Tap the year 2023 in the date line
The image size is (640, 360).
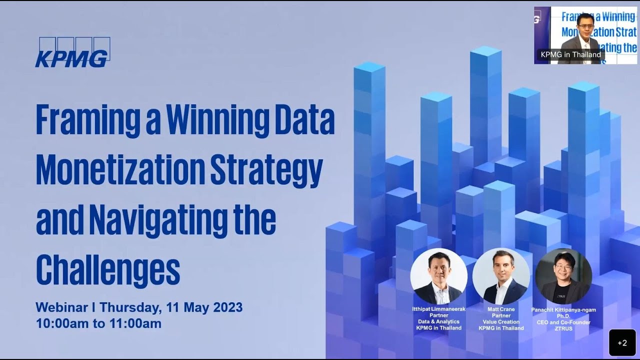point(227,307)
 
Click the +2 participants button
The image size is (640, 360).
point(622,342)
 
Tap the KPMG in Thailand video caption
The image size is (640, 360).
point(570,54)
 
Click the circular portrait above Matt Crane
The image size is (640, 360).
point(501,276)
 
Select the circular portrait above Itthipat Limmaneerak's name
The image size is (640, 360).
point(438,276)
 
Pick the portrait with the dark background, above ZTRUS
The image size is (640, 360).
point(563,276)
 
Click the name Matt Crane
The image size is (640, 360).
point(501,309)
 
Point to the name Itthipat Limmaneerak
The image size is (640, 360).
point(438,309)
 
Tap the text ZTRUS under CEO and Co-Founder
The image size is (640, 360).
point(563,328)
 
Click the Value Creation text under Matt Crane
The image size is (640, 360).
point(501,322)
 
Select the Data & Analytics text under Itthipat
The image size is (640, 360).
point(438,321)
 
